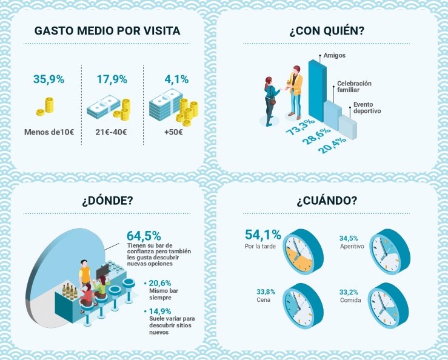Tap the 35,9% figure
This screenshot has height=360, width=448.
pos(48,79)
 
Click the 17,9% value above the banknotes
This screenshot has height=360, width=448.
pos(112,79)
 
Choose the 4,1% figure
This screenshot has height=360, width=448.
pos(176,79)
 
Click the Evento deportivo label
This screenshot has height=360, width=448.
pos(367,108)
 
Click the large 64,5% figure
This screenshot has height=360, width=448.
pos(144,235)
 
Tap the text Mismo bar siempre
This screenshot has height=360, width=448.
pos(164,294)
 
